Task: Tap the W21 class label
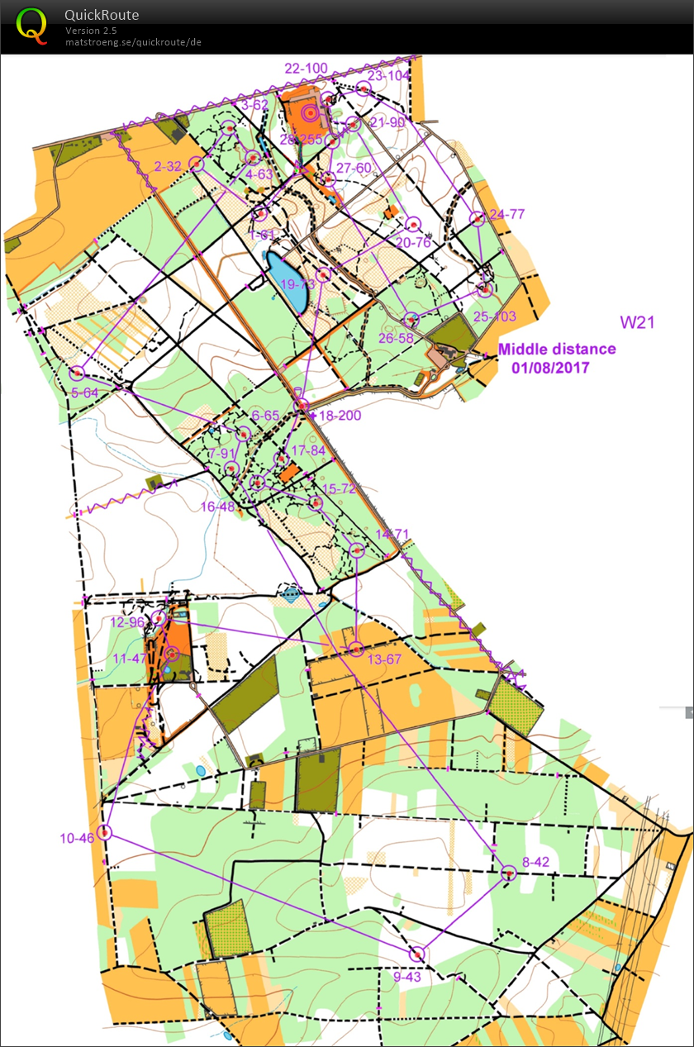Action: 637,322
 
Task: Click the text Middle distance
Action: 556,349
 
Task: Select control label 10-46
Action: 76,839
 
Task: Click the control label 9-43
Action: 407,977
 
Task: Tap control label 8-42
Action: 535,861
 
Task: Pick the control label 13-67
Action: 384,659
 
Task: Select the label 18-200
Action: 340,415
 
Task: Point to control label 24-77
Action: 506,214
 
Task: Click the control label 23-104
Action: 388,75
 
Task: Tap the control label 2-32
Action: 168,166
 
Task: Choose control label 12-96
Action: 127,621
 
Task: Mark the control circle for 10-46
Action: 104,831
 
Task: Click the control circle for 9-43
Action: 419,954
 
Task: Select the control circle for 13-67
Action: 355,649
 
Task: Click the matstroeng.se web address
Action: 133,41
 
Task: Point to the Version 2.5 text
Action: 91,31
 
